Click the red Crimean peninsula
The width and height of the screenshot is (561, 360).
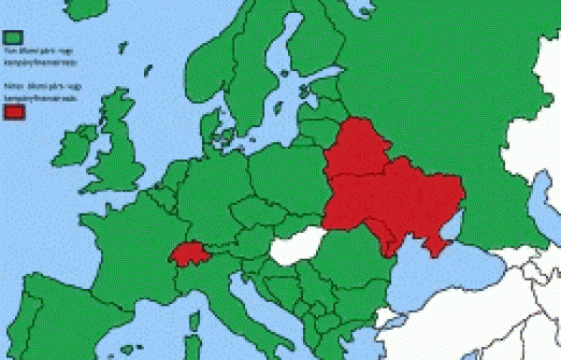click(x=435, y=245)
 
